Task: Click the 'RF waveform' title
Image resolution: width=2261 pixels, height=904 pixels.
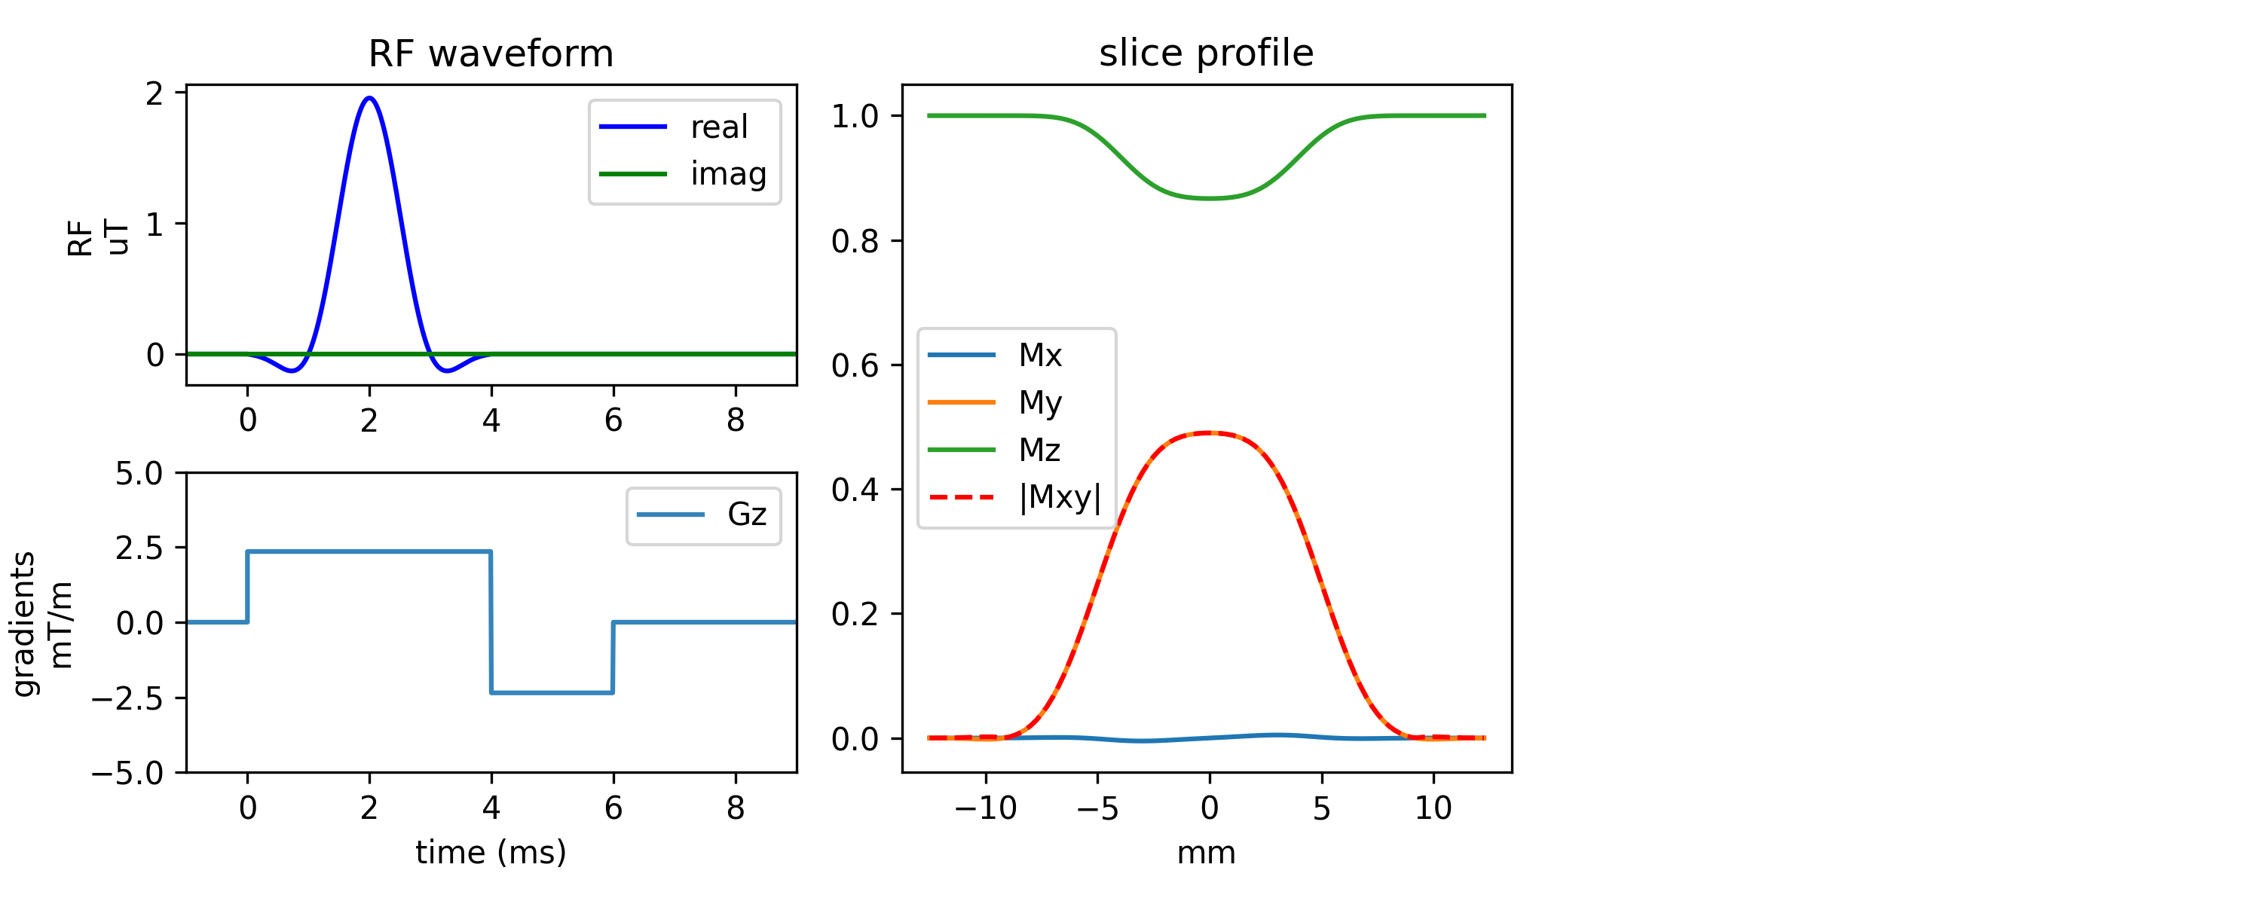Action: coord(491,54)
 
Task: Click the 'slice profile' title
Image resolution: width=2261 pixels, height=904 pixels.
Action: coord(1206,53)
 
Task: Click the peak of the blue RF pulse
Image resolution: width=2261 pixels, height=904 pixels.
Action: coord(369,98)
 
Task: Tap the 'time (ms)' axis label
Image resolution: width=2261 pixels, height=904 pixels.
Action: coord(491,852)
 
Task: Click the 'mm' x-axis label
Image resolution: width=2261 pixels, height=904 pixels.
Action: coord(1206,852)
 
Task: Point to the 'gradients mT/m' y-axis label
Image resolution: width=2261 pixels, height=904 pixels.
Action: coord(42,623)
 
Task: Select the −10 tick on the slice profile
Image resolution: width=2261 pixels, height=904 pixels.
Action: coord(985,808)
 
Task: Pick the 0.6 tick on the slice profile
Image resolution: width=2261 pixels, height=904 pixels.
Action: coord(854,366)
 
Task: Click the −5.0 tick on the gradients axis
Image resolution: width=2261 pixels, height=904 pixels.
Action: coord(127,773)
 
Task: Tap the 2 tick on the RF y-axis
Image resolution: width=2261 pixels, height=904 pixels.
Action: coord(155,93)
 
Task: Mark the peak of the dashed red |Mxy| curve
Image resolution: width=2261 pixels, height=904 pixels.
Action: coord(1210,432)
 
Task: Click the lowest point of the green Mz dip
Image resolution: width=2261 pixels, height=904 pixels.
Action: coord(1210,198)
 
